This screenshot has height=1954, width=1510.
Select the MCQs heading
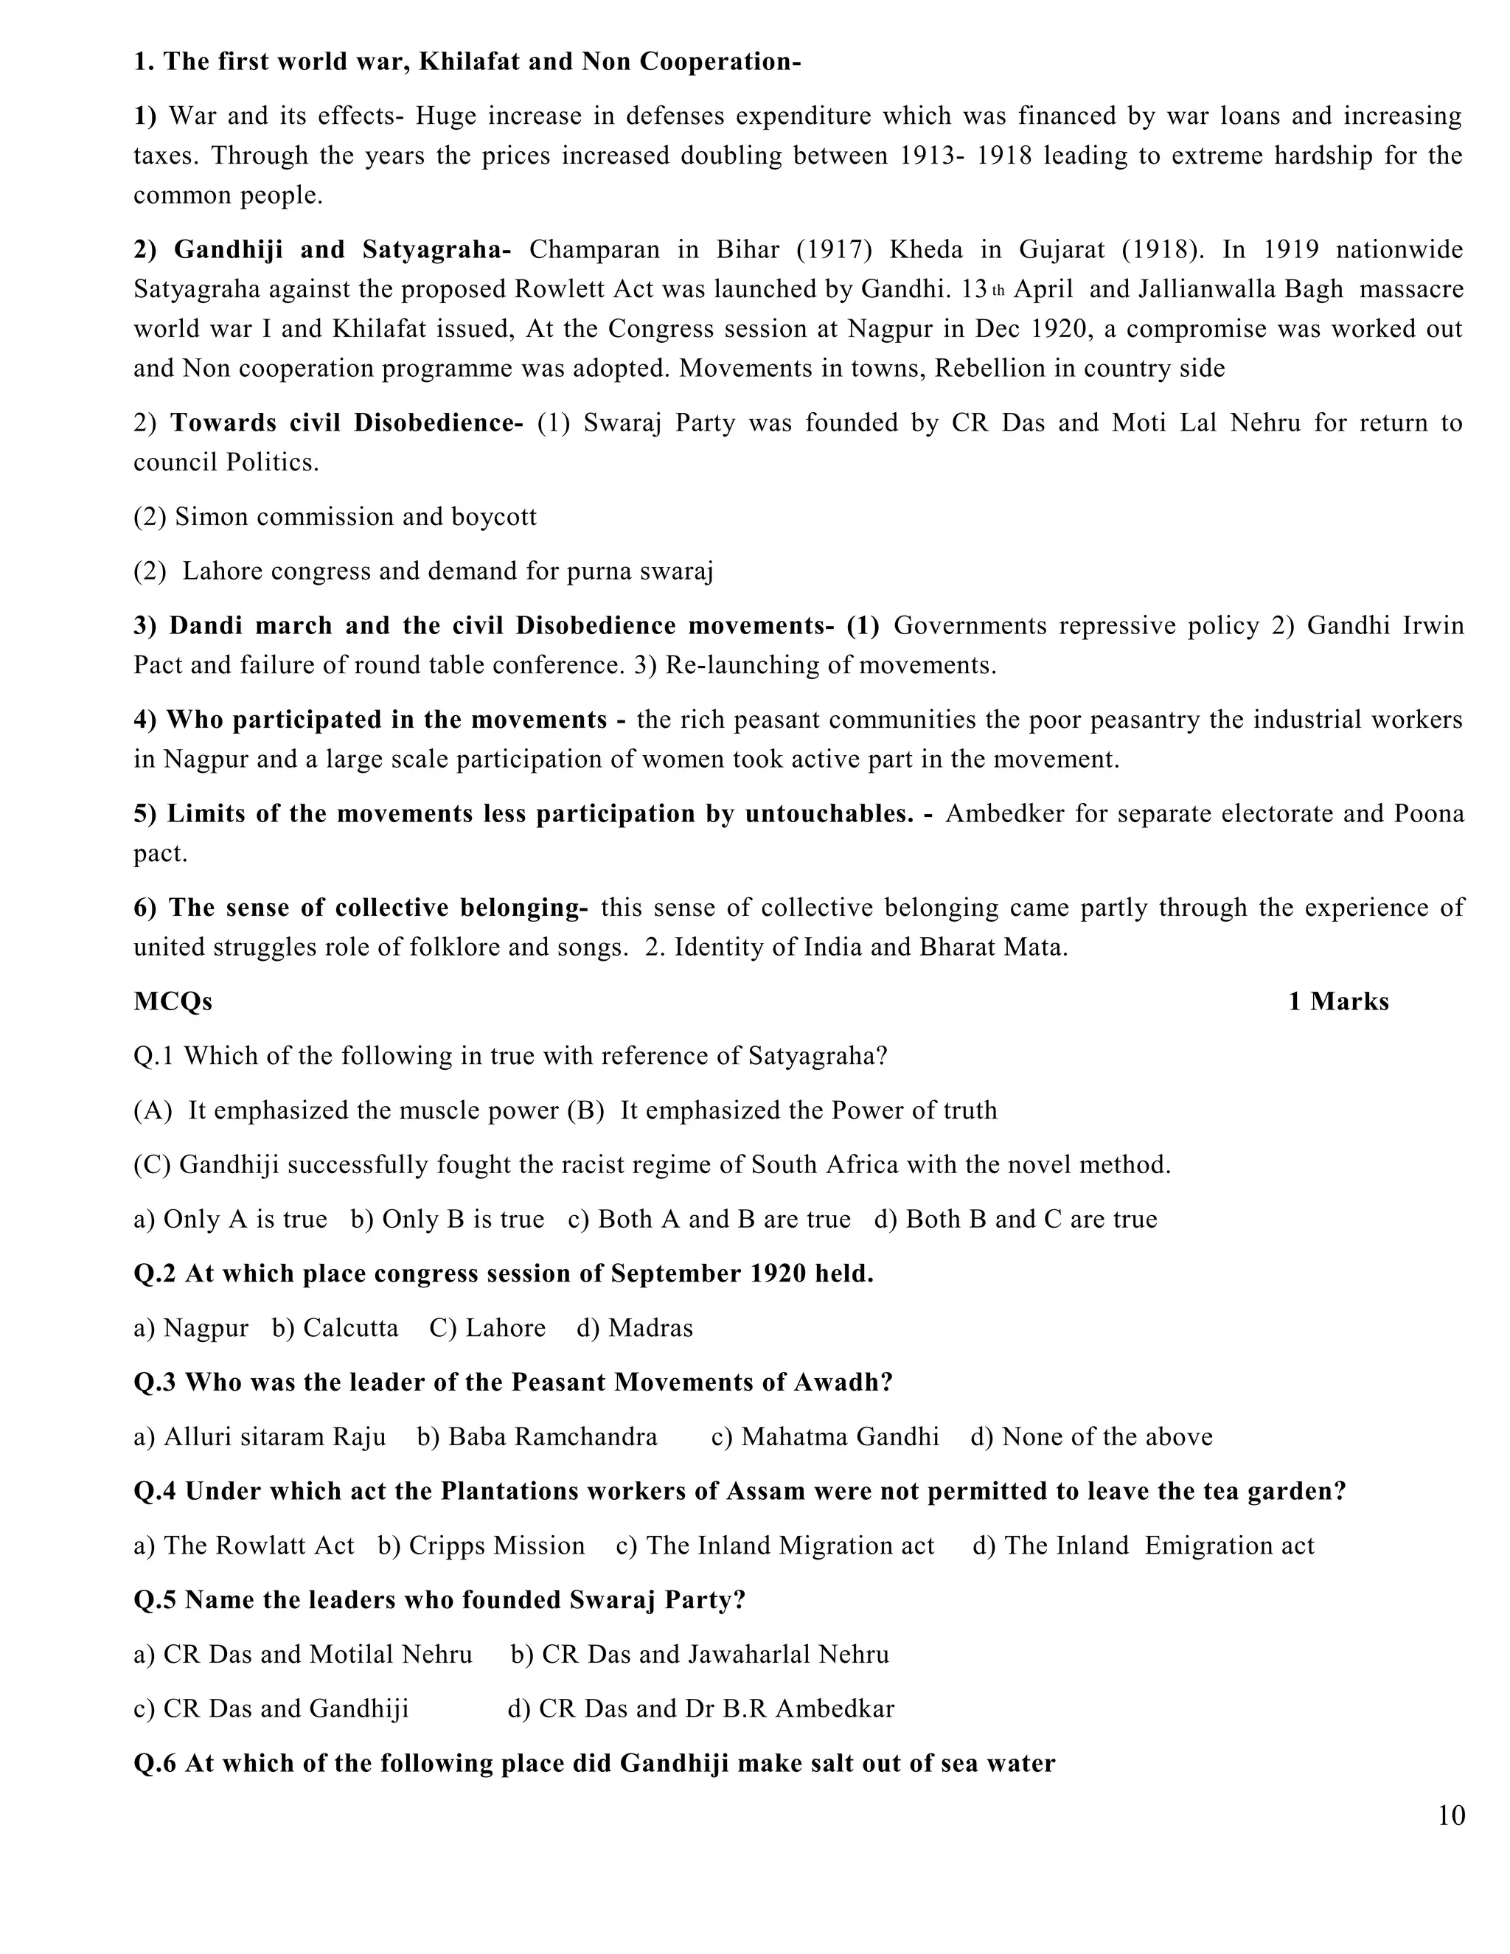pyautogui.click(x=173, y=1001)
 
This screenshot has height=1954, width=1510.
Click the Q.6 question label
pyautogui.click(x=156, y=1764)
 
